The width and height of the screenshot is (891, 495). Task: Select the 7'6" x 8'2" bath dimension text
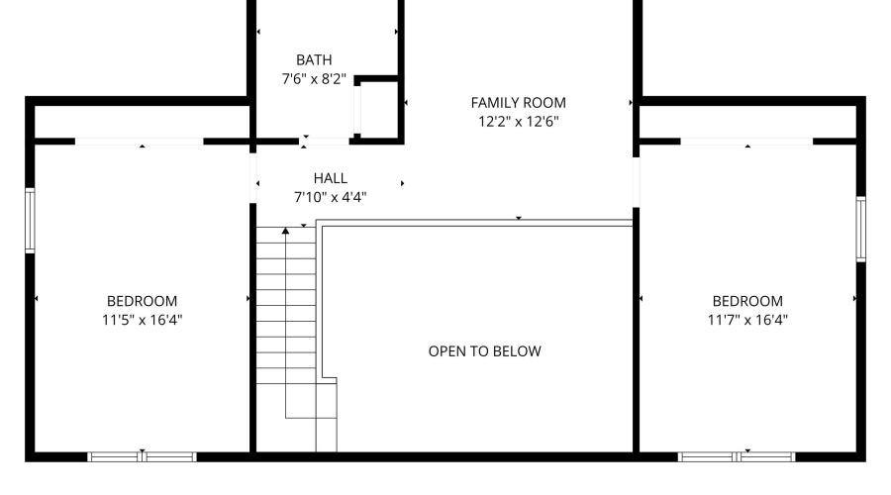(313, 79)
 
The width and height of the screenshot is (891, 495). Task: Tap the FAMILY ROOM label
(518, 102)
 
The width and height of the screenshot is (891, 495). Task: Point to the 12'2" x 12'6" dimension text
(518, 122)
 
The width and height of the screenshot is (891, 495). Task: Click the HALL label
(330, 178)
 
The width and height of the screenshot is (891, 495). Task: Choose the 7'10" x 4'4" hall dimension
(330, 197)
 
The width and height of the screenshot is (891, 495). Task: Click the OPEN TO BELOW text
(484, 350)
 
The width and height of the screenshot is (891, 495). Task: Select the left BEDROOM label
(142, 301)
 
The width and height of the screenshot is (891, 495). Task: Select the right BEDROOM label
(746, 301)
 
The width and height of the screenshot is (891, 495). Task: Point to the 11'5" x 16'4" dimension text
(142, 320)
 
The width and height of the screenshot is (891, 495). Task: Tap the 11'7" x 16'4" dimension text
(746, 320)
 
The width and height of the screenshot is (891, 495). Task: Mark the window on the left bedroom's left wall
(30, 221)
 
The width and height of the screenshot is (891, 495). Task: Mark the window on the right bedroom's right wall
(860, 229)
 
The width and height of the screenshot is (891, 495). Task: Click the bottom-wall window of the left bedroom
(143, 456)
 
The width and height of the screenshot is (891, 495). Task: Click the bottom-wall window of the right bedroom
(737, 456)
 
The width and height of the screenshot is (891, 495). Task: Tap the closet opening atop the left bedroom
(140, 142)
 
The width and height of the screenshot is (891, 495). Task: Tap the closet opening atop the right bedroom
(746, 142)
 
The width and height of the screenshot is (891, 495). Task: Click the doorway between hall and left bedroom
(252, 179)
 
